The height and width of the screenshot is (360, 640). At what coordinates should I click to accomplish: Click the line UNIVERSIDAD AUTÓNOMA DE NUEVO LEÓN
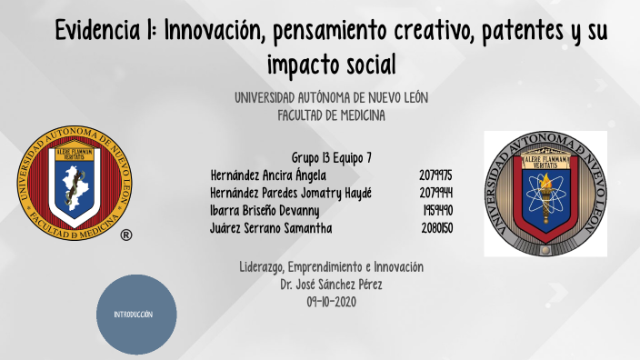pyautogui.click(x=331, y=98)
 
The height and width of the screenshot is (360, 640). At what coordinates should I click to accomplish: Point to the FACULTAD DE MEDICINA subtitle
pyautogui.click(x=331, y=115)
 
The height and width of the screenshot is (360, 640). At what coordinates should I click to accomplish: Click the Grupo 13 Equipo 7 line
pyautogui.click(x=332, y=157)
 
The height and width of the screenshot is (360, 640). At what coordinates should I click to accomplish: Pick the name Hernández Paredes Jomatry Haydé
pyautogui.click(x=291, y=193)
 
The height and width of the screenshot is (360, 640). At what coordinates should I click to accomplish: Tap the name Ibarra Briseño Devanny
pyautogui.click(x=265, y=210)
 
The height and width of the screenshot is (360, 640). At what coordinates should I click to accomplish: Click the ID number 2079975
pyautogui.click(x=436, y=175)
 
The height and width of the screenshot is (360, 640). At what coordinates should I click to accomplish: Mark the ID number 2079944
pyautogui.click(x=436, y=193)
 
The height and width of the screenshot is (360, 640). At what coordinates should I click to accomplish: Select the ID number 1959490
pyautogui.click(x=438, y=210)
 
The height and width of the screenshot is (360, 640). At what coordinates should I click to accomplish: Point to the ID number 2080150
pyautogui.click(x=437, y=228)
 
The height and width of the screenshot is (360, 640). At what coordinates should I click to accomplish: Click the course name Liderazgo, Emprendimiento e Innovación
pyautogui.click(x=332, y=267)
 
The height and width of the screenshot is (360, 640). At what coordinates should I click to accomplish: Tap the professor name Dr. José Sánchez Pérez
pyautogui.click(x=332, y=285)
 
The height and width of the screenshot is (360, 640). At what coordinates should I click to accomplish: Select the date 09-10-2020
pyautogui.click(x=332, y=302)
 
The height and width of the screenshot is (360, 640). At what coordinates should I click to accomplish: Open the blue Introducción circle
pyautogui.click(x=136, y=314)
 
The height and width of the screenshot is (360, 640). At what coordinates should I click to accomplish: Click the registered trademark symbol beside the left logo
pyautogui.click(x=125, y=234)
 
